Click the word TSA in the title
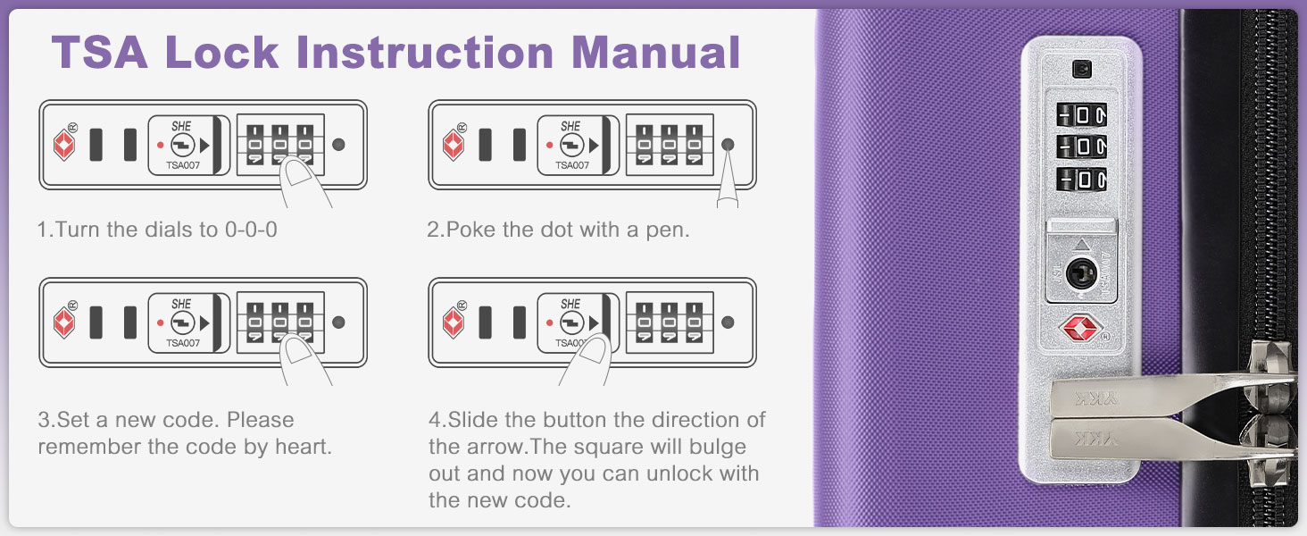coord(99,52)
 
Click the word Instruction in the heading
coord(425,52)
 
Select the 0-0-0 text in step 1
coord(251,230)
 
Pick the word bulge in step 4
coord(717,448)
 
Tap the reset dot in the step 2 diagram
coord(728,144)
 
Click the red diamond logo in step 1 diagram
coord(64,144)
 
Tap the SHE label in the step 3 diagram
coord(181,304)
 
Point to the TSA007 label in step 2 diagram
coord(571,165)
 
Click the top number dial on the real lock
coord(1082,114)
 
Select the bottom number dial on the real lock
coord(1082,179)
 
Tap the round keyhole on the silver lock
coord(1081,272)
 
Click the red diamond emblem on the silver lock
coord(1080,329)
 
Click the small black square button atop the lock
coord(1082,70)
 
